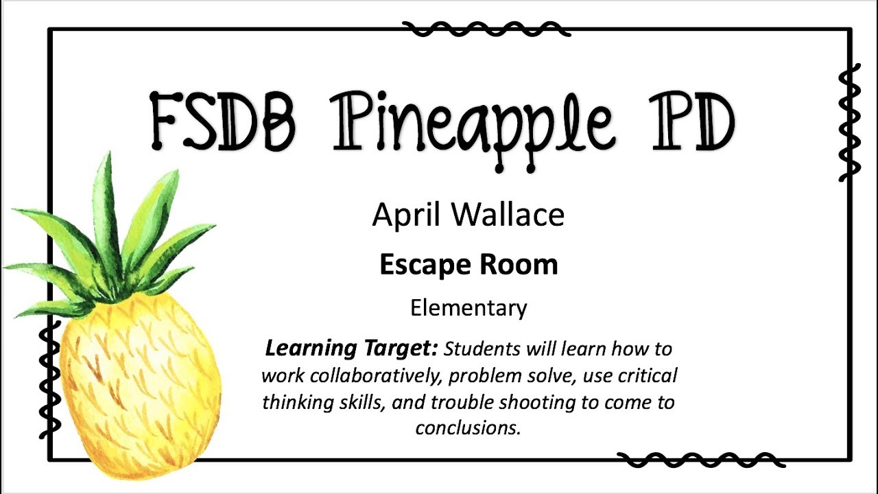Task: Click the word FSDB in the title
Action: (223, 121)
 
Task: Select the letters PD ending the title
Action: (691, 122)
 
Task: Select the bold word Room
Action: (519, 265)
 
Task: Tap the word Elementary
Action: (468, 309)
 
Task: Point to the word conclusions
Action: (468, 427)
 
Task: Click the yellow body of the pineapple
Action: (140, 386)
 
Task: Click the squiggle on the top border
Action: (486, 30)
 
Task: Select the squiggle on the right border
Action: (849, 122)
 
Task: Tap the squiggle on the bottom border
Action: (701, 460)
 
